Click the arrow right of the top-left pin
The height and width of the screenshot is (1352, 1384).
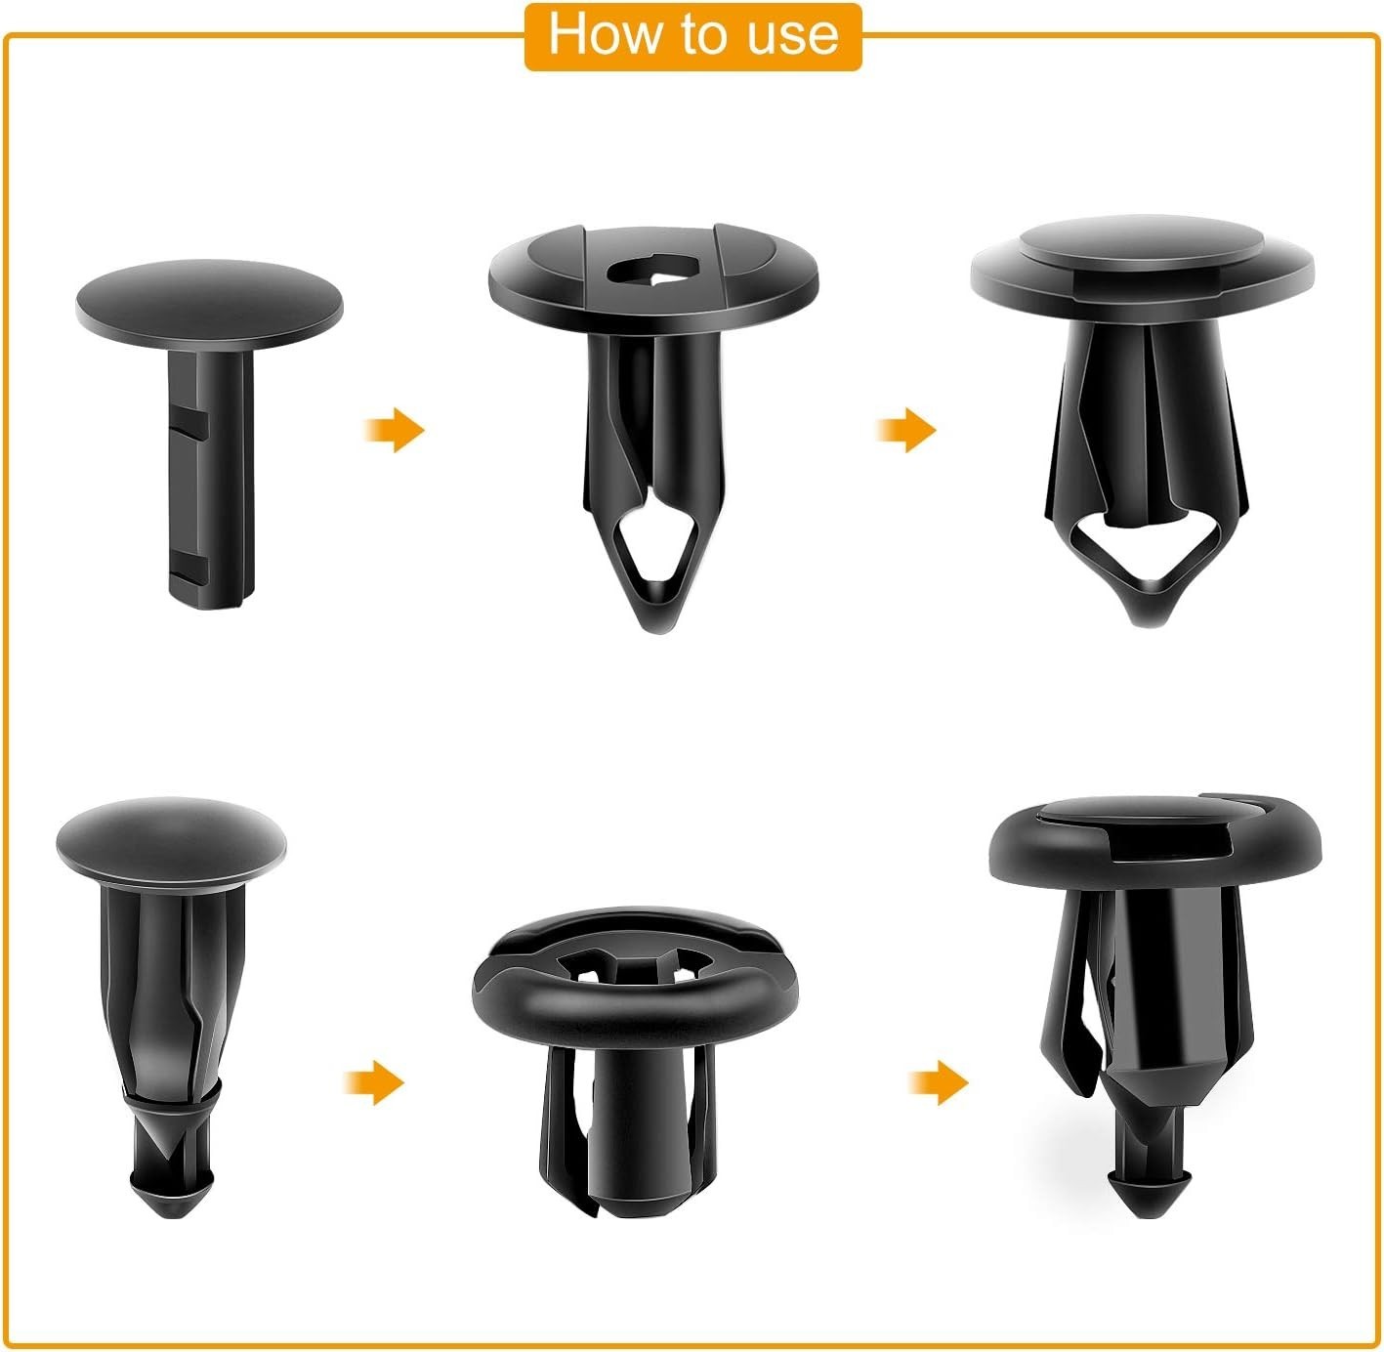pos(396,430)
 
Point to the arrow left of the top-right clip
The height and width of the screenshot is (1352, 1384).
pos(906,430)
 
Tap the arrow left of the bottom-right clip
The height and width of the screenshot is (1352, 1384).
pos(939,1082)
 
